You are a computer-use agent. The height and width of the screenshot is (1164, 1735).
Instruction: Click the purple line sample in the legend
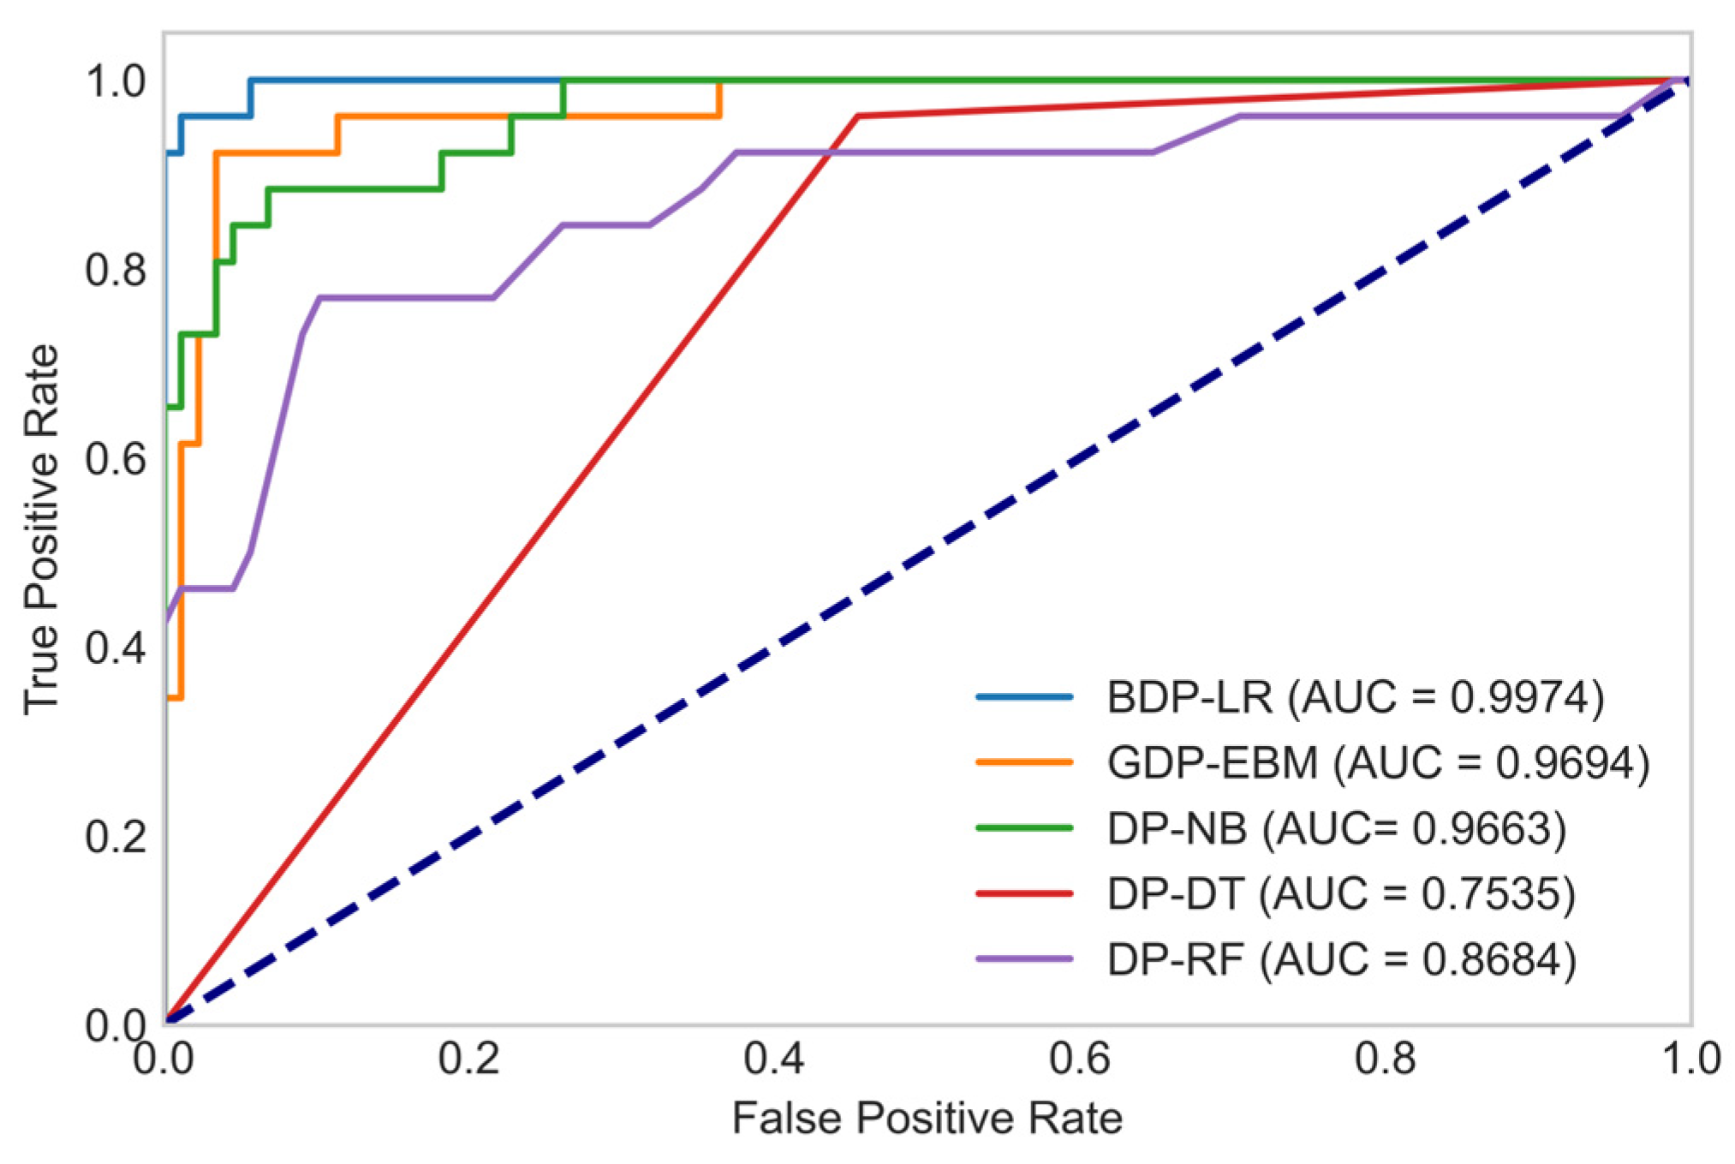1024,958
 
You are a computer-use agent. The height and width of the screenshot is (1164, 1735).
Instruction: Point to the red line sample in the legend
1024,893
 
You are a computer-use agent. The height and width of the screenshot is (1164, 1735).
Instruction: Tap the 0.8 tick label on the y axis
116,270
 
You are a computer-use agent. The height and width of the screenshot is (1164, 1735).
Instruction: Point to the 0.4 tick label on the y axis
116,648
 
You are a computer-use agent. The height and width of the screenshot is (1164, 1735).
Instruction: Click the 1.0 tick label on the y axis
116,81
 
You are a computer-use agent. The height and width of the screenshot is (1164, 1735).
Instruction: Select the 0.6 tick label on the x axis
1079,1060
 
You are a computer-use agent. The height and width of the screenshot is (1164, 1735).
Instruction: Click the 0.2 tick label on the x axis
468,1060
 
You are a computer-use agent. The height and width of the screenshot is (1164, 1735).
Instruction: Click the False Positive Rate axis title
927,1119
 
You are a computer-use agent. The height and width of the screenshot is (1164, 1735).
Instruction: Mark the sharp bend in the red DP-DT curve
857,116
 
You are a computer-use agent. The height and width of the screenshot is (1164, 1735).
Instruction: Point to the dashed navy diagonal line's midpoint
927,552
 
